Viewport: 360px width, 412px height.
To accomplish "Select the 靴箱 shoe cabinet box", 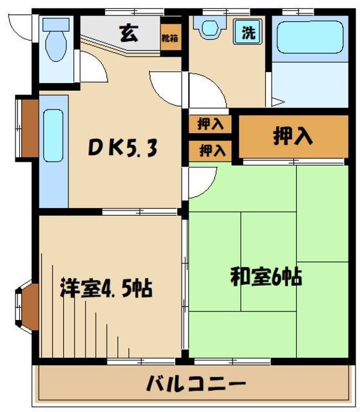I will pos(171,38).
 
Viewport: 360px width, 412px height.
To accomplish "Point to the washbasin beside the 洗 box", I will pos(210,29).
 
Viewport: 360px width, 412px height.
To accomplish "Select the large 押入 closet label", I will pos(294,135).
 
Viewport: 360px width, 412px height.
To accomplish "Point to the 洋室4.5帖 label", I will pos(107,288).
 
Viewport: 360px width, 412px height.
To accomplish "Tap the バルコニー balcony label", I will pos(195,384).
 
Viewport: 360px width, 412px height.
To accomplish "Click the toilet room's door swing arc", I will pos(90,70).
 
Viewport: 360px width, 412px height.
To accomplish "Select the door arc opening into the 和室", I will pos(200,181).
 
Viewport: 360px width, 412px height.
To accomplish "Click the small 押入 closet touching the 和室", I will pos(212,151).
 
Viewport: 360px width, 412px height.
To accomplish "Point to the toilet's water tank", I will pos(56,24).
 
